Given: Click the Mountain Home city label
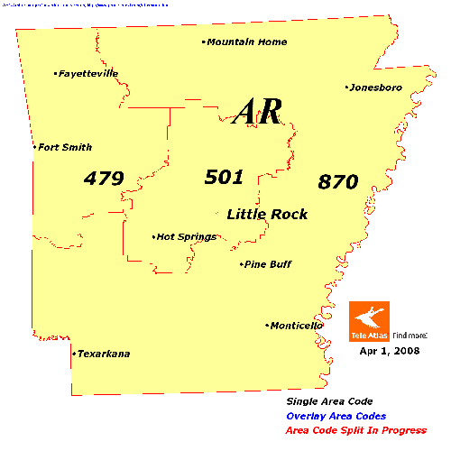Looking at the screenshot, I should tap(247, 41).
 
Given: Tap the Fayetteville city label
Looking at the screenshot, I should tap(88, 74).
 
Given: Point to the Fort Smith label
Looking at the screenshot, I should tap(65, 147).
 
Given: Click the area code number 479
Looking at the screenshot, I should tap(103, 179).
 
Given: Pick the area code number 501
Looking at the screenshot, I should tap(224, 177).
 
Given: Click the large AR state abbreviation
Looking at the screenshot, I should tap(258, 112).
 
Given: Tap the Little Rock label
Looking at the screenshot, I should tap(267, 214).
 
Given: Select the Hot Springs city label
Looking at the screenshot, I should tap(187, 237).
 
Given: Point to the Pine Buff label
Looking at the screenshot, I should tap(268, 264).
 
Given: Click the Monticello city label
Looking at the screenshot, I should tap(295, 326).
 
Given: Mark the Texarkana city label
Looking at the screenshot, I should tap(104, 354).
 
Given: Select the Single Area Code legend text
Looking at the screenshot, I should tap(329, 401).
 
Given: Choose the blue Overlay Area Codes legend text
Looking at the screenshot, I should tap(336, 416).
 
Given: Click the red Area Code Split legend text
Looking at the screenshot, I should tap(356, 430).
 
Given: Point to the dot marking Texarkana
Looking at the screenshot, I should tap(73, 354).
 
